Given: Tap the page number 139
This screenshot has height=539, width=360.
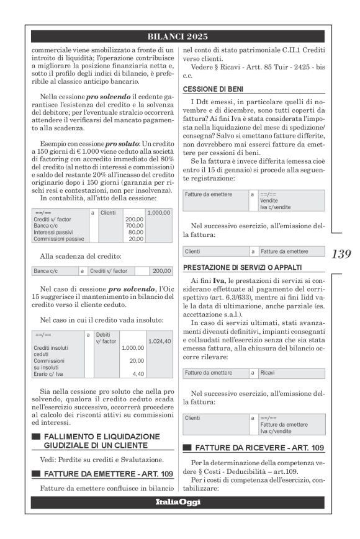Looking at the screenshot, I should click(x=341, y=254).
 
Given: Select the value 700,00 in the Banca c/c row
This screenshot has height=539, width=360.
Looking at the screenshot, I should click(x=134, y=226).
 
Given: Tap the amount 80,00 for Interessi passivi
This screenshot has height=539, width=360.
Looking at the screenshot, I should click(x=135, y=232).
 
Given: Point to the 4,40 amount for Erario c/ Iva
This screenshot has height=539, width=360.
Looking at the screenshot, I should click(x=137, y=374).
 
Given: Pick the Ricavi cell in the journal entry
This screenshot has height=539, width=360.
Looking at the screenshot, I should click(x=268, y=373).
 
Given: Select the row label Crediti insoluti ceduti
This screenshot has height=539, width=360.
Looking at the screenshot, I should click(x=52, y=351).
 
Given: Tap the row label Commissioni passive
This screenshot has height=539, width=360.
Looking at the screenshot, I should click(x=54, y=238).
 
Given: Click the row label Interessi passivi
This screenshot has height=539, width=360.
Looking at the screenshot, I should click(x=52, y=232).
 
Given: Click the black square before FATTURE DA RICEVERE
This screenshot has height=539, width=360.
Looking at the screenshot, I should click(x=187, y=448).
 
